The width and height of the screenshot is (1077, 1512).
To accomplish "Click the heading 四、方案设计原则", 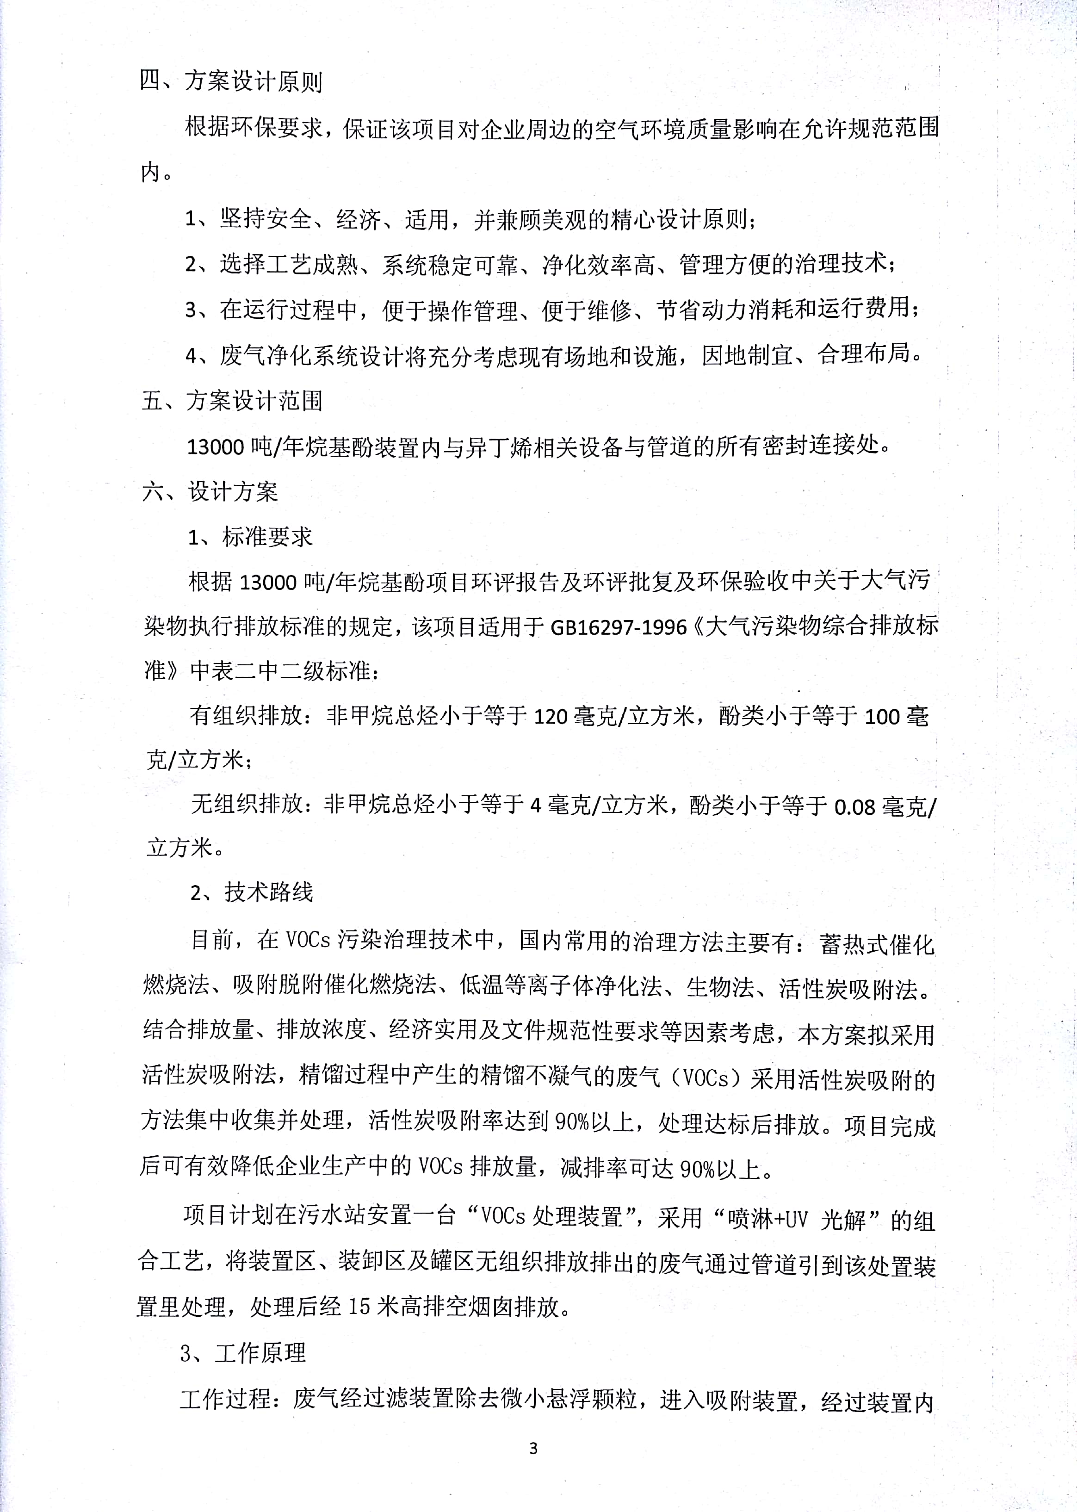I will [x=231, y=81].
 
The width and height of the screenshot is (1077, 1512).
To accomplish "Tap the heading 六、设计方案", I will [x=210, y=491].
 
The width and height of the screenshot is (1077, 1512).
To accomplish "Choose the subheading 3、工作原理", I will [x=243, y=1352].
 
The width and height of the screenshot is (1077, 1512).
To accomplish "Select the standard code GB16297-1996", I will [x=618, y=626].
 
